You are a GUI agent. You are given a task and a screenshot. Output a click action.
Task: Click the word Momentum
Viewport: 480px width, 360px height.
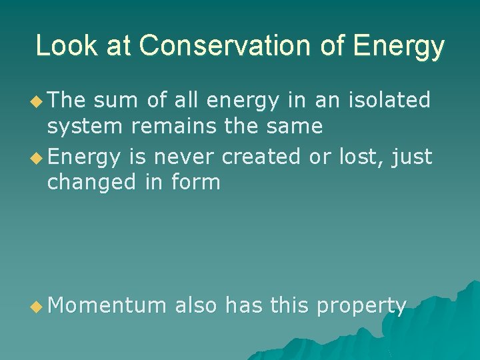[107, 305]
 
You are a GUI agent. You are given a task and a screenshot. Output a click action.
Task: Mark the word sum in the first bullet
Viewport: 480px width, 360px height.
[113, 101]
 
